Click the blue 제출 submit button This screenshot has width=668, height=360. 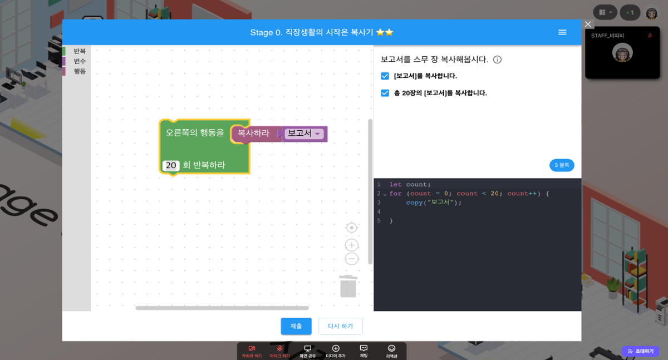pos(296,326)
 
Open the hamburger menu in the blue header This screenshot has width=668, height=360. pos(562,32)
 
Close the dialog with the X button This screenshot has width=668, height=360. pos(588,24)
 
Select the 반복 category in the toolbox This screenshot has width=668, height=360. pos(80,51)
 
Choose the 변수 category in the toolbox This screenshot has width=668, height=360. pos(80,61)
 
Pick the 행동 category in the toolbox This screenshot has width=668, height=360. pos(80,71)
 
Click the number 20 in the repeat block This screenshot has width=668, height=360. pos(171,165)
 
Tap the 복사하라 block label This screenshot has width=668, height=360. pos(253,134)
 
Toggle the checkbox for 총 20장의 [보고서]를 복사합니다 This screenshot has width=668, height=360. pos(385,93)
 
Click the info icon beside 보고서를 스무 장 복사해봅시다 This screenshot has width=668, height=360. pos(497,60)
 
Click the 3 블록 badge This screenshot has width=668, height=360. pos(562,165)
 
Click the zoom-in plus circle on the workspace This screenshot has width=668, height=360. pos(351,245)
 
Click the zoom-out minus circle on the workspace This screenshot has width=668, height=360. pos(351,259)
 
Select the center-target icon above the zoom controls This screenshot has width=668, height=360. pos(351,228)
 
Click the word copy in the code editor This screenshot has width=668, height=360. pos(414,203)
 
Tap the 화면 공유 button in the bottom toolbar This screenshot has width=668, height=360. pos(307,351)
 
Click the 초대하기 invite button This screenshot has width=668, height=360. pos(640,352)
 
